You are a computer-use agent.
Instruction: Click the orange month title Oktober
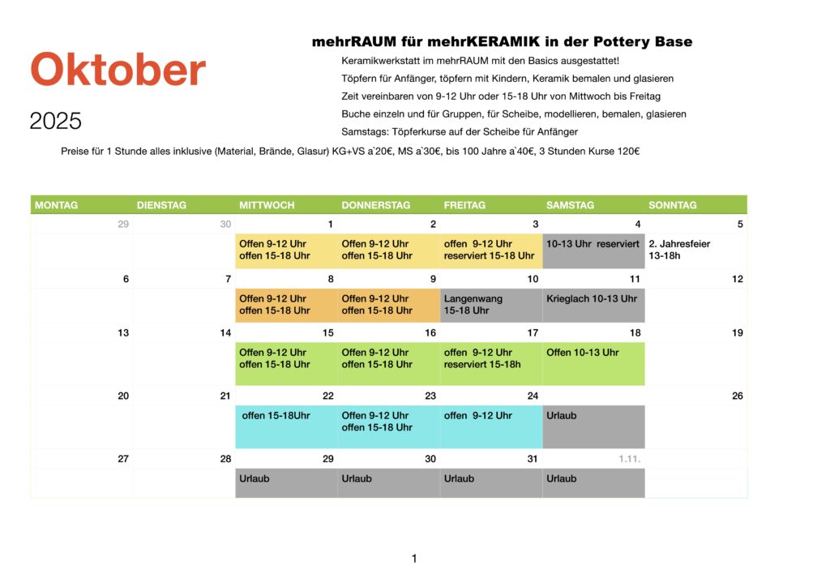click(118, 71)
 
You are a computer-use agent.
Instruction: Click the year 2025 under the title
click(56, 122)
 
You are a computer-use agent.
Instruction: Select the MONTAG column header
click(57, 205)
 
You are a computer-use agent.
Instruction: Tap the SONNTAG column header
click(673, 205)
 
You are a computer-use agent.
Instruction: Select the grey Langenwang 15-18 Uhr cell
click(491, 305)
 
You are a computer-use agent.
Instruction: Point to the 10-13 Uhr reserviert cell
click(593, 250)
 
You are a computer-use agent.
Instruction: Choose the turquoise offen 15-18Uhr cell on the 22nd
click(286, 426)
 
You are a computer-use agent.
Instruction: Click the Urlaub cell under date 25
click(593, 426)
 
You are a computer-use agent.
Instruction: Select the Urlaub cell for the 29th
click(286, 483)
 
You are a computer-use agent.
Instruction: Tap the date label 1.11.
click(630, 459)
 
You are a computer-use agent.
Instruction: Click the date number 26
click(737, 396)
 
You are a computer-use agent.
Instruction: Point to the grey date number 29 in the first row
click(123, 225)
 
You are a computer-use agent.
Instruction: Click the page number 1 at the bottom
click(414, 559)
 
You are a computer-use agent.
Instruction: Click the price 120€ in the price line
click(626, 152)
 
